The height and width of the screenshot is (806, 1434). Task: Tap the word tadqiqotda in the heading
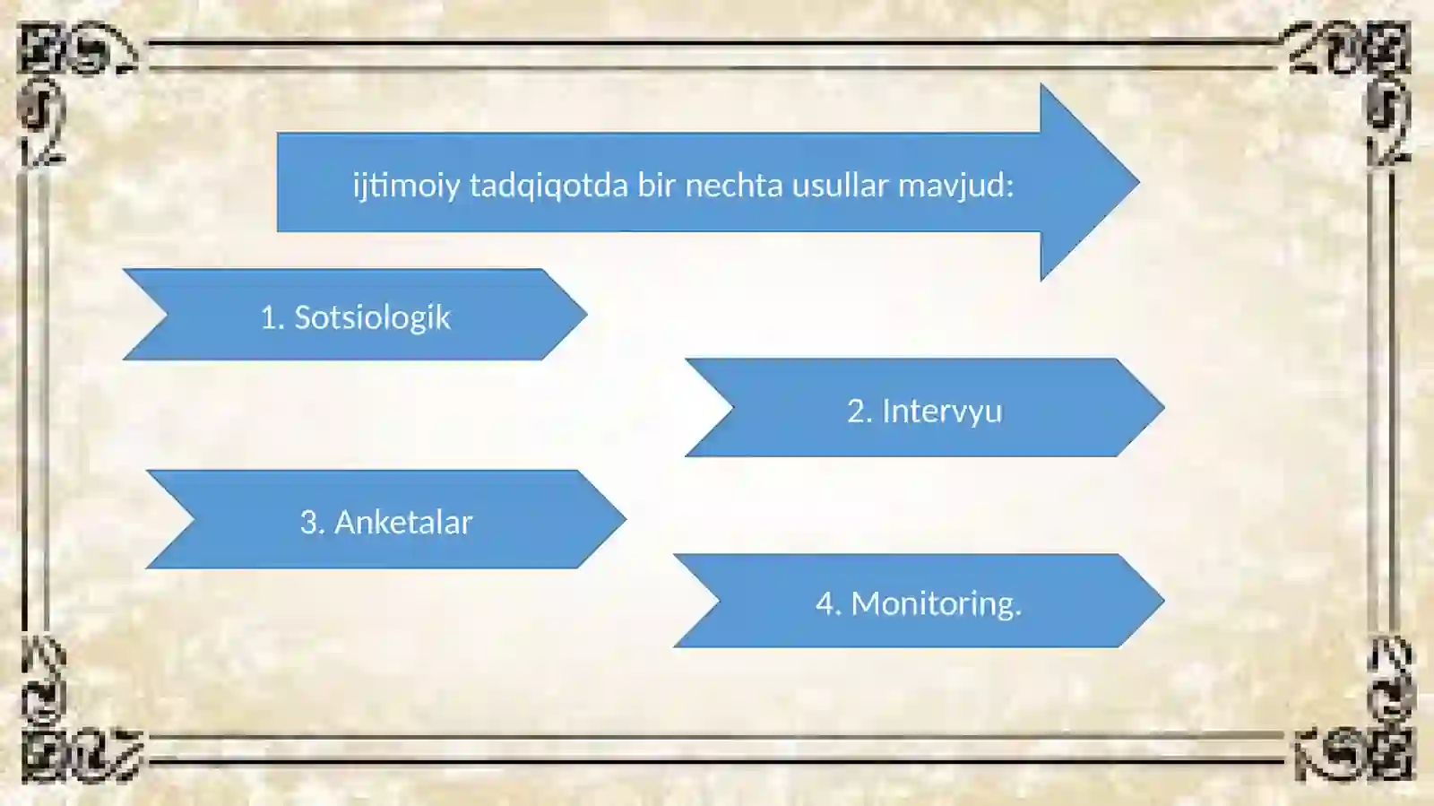pyautogui.click(x=549, y=186)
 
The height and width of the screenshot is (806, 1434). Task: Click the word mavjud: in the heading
pyautogui.click(x=955, y=185)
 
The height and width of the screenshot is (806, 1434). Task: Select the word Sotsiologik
pyautogui.click(x=372, y=317)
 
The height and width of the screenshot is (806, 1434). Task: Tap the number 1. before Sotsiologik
pyautogui.click(x=272, y=317)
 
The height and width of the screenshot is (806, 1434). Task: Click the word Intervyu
pyautogui.click(x=942, y=411)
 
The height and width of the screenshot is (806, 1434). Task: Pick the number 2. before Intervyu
pyautogui.click(x=860, y=411)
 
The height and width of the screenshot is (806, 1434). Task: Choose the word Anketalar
pyautogui.click(x=402, y=522)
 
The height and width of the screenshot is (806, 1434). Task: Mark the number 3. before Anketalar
pyautogui.click(x=312, y=522)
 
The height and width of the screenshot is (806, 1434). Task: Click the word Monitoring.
pyautogui.click(x=936, y=603)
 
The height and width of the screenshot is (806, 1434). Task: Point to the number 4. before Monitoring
pyautogui.click(x=828, y=603)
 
